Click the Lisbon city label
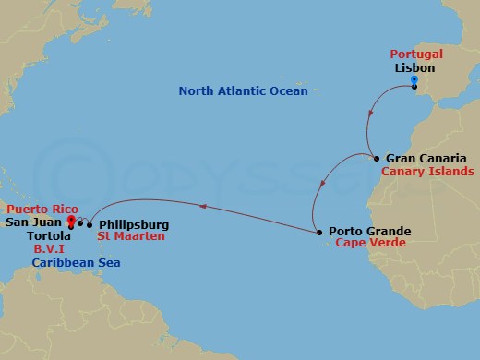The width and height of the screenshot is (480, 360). pos(414,68)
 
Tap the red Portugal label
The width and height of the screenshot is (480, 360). pos(416,54)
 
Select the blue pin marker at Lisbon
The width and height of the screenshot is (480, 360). pos(414,84)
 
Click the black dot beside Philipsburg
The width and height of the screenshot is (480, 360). pos(90,223)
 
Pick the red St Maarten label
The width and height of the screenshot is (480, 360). pos(131,236)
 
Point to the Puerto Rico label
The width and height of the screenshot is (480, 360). pos(37,210)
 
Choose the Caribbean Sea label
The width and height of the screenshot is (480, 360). pos(75,263)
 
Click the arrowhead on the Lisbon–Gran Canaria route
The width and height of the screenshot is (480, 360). pos(370,115)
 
